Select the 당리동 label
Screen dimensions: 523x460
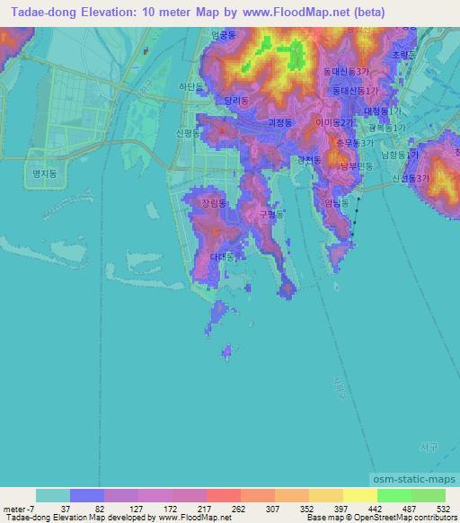pyautogui.click(x=238, y=102)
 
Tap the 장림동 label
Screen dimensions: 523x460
pyautogui.click(x=215, y=204)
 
